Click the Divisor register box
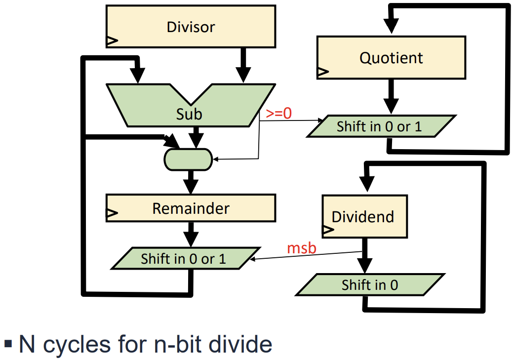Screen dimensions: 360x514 (191, 27)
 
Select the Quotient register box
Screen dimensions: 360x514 (391, 57)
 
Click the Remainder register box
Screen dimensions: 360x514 (191, 208)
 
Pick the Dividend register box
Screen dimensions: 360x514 (364, 216)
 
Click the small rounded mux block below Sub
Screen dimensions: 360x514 (188, 159)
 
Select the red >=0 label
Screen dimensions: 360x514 (279, 113)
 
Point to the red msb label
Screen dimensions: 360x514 (301, 247)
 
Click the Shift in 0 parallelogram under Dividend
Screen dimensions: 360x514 (369, 285)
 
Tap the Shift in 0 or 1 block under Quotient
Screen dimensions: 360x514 (379, 126)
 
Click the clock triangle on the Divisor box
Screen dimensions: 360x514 (112, 41)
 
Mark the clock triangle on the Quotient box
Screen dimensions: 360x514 (322, 72)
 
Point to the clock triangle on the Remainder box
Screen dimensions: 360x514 (112, 213)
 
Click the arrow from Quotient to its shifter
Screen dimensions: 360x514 (391, 96)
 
